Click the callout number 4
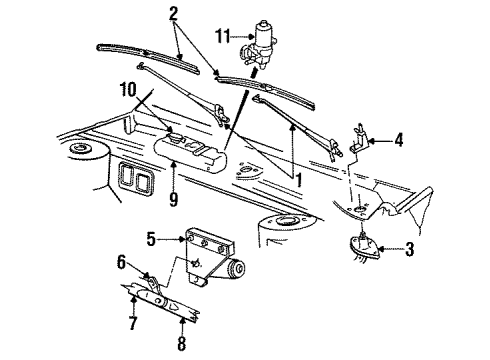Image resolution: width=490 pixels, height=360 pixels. point(398,141)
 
